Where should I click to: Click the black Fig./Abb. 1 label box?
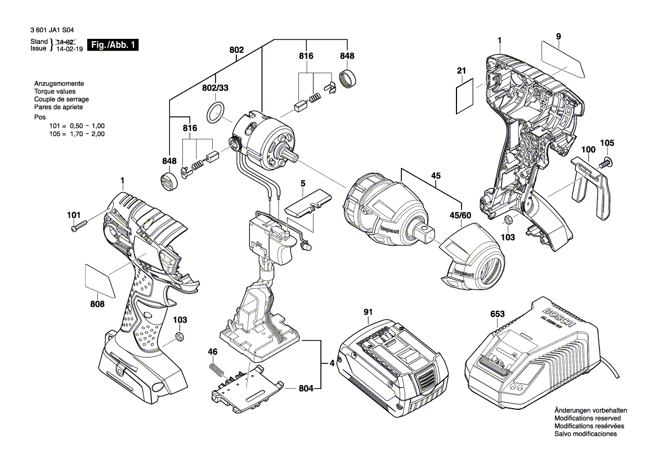click(x=113, y=45)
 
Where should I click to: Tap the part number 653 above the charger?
click(x=497, y=314)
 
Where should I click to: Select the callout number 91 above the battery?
click(x=368, y=312)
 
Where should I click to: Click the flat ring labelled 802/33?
click(x=217, y=112)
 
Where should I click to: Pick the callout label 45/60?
click(x=460, y=215)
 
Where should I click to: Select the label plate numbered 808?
click(x=100, y=276)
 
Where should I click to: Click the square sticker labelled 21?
click(x=464, y=96)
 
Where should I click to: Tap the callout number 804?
click(x=306, y=388)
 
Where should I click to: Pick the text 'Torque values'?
click(x=55, y=92)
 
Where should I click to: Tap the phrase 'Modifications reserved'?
click(x=588, y=418)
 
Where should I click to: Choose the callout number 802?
click(x=236, y=50)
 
